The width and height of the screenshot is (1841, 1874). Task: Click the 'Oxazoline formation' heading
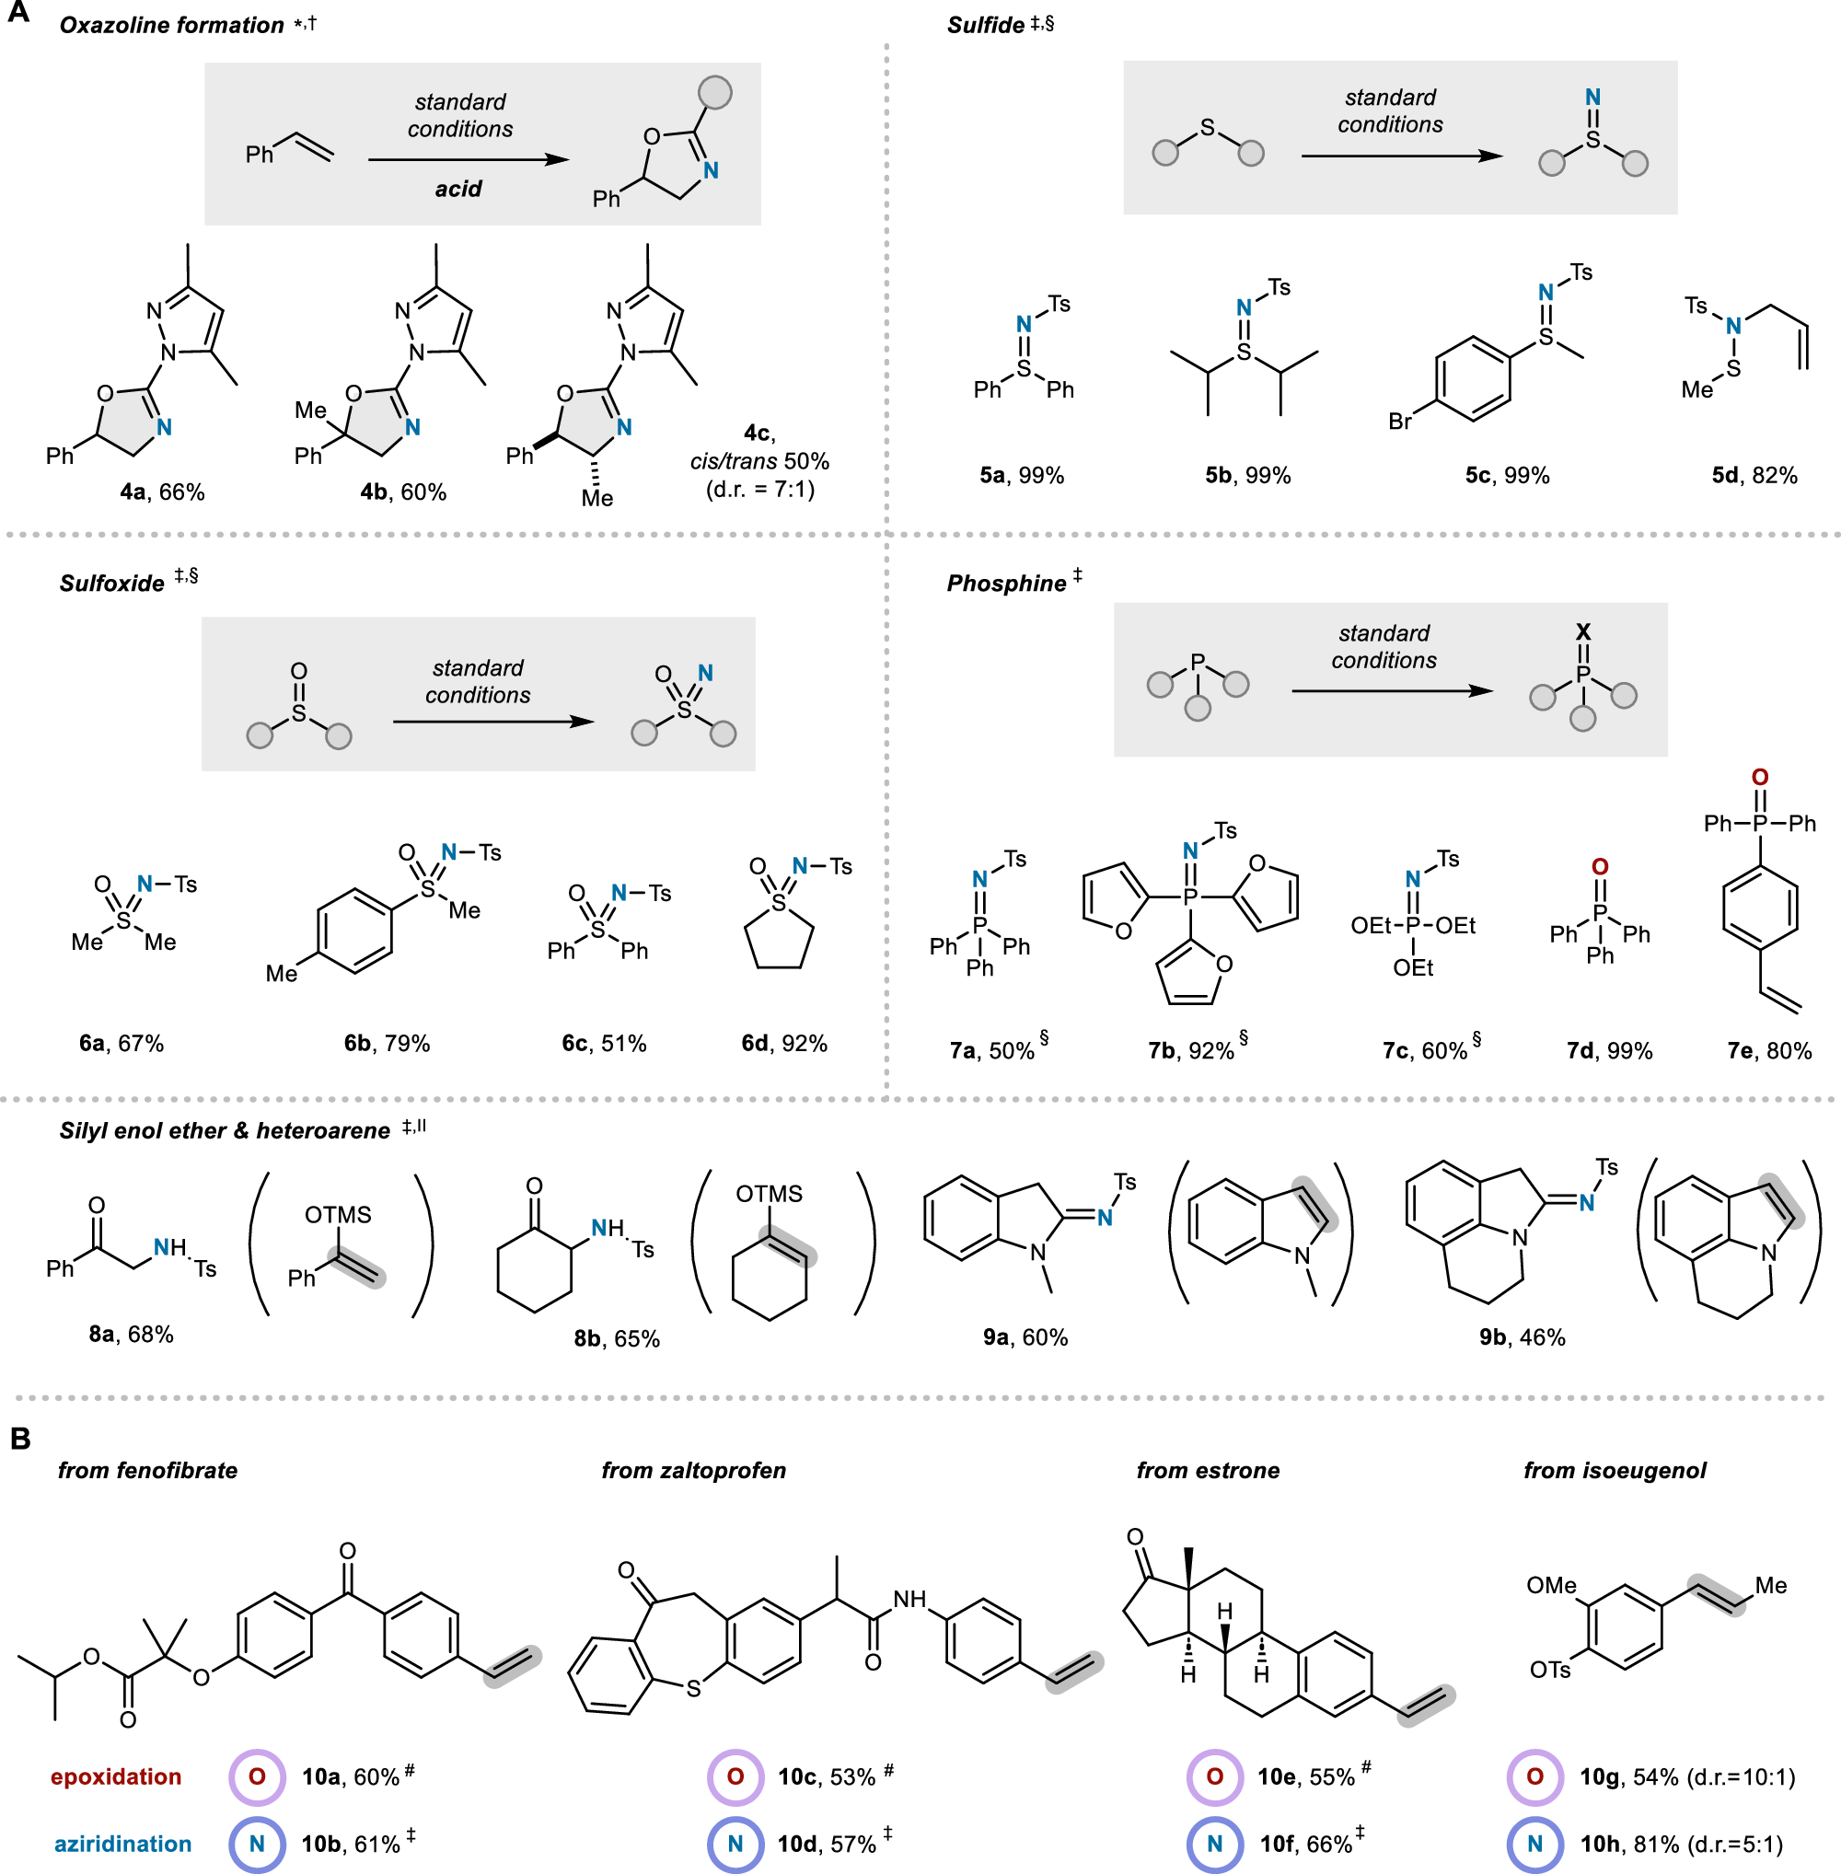coord(171,25)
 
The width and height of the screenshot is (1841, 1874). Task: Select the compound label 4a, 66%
coord(161,492)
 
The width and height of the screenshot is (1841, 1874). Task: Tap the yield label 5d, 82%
coord(1754,476)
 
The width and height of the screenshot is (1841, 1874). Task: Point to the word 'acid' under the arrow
coord(457,189)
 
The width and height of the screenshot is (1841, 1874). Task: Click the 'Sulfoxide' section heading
coord(112,583)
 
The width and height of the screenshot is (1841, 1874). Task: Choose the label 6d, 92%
coord(784,1044)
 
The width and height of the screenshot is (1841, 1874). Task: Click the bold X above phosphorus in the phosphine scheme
coord(1583,632)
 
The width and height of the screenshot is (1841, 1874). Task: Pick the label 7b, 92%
coord(1191,1051)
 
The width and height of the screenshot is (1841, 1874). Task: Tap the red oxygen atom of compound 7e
coord(1760,778)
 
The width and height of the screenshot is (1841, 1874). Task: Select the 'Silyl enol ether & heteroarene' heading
coord(225,1130)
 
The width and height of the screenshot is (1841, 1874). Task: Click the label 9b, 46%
coord(1522,1337)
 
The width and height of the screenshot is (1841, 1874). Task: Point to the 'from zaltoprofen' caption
coord(693,1470)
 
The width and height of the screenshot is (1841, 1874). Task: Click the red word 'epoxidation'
coord(116,1776)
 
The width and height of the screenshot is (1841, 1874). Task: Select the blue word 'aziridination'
coord(122,1844)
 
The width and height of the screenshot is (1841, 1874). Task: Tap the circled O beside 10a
coord(256,1777)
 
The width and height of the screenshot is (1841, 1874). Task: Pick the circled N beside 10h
coord(1534,1844)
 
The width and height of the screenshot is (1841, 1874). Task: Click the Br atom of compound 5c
coord(1399,422)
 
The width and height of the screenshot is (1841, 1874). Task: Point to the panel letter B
coord(20,1438)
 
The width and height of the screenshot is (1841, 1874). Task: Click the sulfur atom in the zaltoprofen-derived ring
coord(692,1689)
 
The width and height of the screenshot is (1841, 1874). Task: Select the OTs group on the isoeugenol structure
coord(1549,1670)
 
